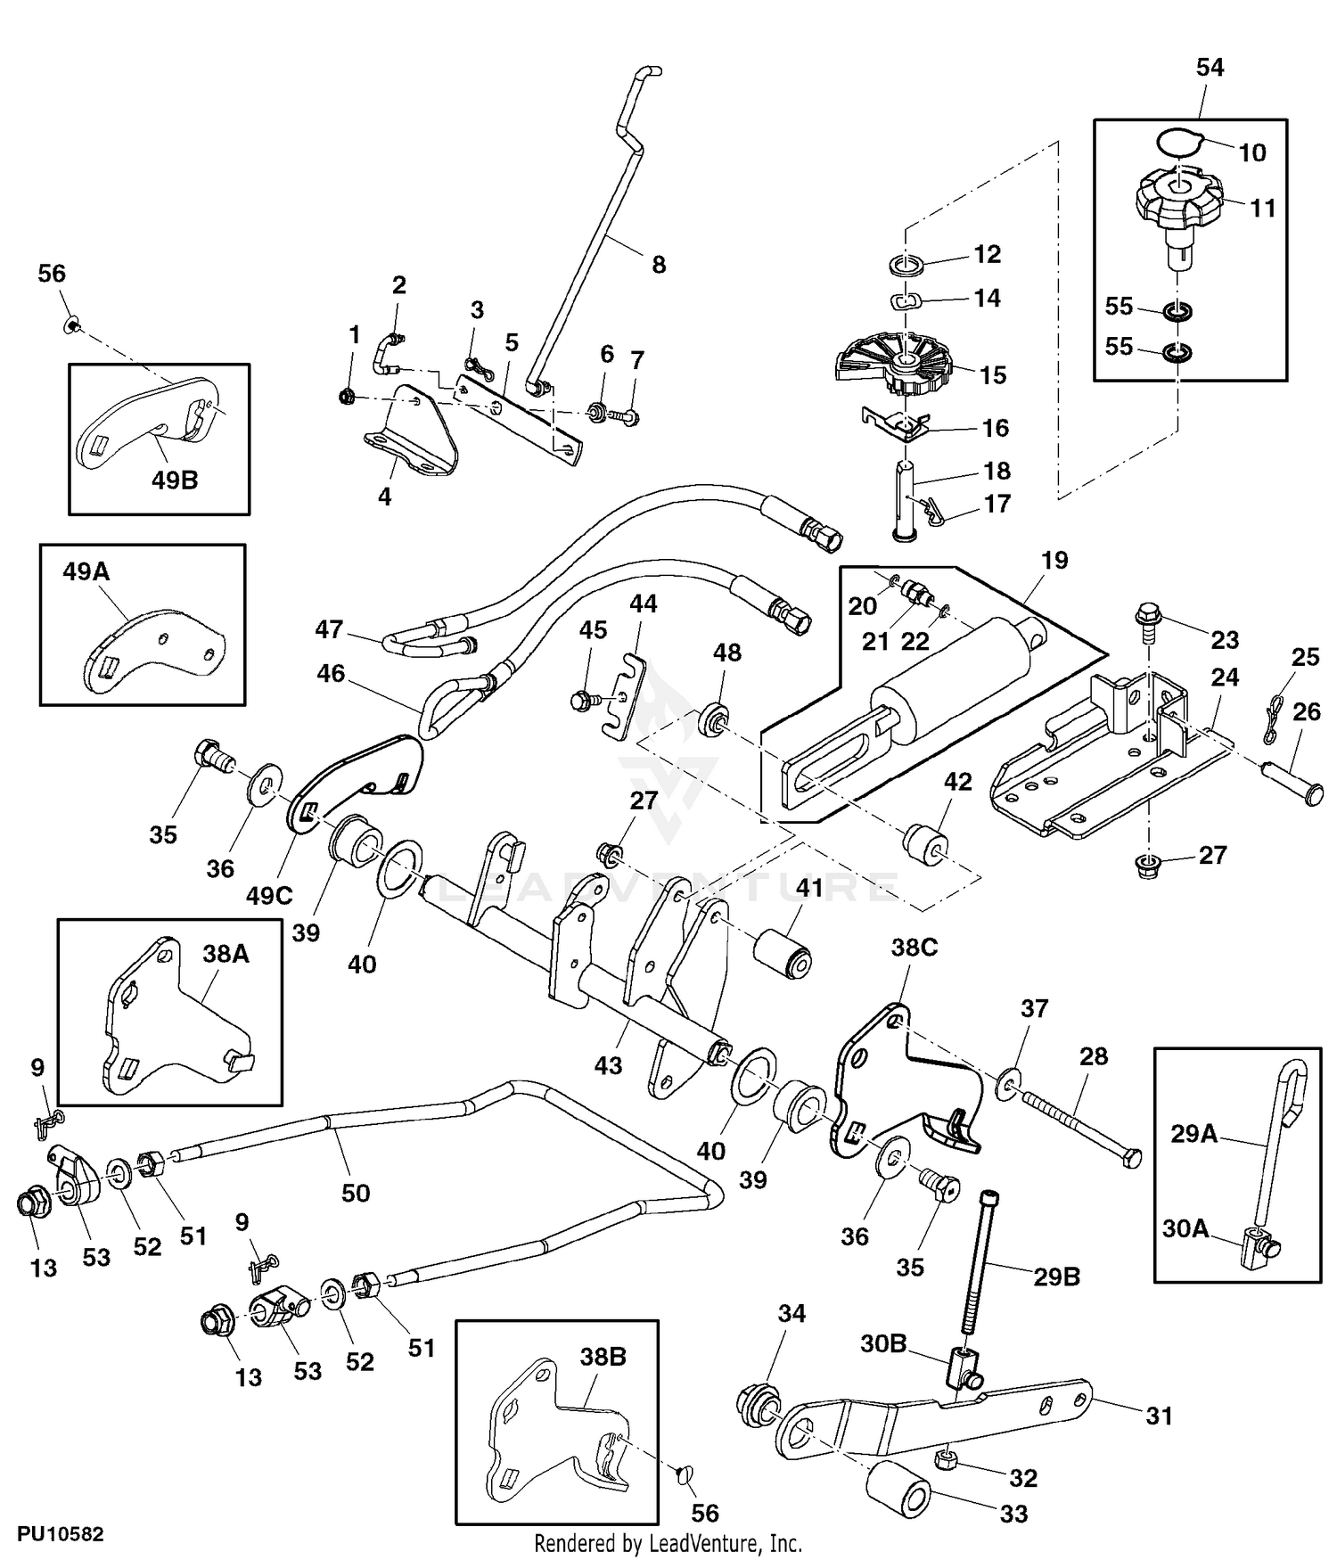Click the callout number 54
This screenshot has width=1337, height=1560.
click(1210, 68)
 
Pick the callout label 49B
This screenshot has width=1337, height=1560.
click(175, 480)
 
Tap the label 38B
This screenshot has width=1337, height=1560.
click(603, 1357)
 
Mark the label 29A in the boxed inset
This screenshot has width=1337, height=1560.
click(1193, 1133)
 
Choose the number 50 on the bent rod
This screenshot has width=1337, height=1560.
click(356, 1192)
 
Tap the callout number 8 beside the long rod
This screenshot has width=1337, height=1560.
click(659, 265)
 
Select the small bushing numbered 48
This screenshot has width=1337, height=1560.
click(713, 718)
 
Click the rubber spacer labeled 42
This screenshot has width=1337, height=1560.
click(924, 842)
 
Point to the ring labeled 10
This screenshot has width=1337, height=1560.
click(1180, 143)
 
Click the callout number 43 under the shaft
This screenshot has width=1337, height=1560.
click(608, 1065)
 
